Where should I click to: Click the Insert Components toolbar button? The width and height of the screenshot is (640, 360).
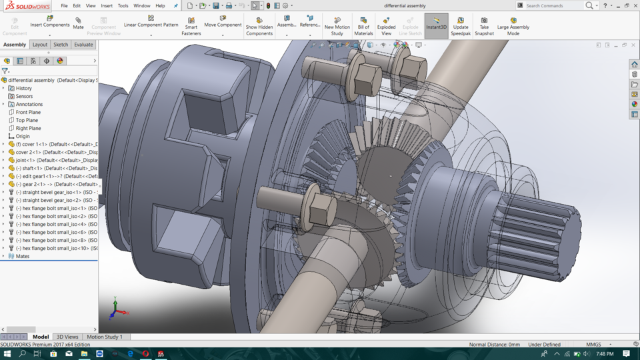(x=49, y=22)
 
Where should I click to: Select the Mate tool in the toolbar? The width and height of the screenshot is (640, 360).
(x=78, y=23)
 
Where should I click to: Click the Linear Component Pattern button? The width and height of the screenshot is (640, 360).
(x=151, y=22)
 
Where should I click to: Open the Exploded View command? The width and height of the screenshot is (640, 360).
(x=386, y=26)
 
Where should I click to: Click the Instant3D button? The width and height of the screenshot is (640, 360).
(x=436, y=23)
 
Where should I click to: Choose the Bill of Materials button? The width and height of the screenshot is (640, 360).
(x=363, y=26)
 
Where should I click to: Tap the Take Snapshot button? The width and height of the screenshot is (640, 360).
(x=484, y=26)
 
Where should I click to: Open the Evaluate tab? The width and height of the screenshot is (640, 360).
(x=83, y=45)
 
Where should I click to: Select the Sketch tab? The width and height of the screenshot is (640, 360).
(x=61, y=45)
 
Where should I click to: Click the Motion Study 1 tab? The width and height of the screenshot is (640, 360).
(x=104, y=337)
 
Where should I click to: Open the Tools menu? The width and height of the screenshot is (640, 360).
(x=123, y=6)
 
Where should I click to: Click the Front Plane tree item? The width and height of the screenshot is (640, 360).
(x=28, y=112)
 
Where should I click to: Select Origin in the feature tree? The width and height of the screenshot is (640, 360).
(x=23, y=136)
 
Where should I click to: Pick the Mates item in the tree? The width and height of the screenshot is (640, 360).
(x=23, y=256)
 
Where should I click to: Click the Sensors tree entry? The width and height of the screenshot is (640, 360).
(x=24, y=96)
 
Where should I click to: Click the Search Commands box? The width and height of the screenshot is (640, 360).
(x=553, y=6)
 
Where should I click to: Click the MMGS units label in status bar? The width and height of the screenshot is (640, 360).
(x=593, y=345)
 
